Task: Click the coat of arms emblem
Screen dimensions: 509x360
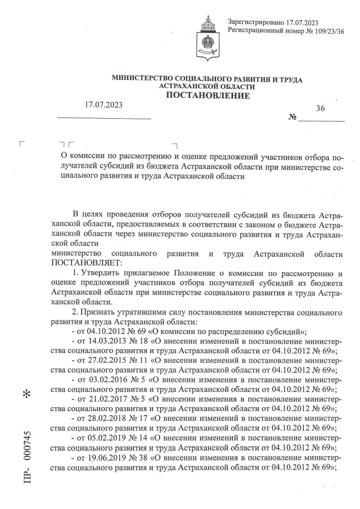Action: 208,38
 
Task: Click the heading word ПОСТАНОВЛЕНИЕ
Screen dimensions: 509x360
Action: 207,96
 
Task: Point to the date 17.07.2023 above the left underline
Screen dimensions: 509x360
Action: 103,105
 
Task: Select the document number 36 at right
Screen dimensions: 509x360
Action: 320,109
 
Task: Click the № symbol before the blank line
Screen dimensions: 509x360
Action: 292,118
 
